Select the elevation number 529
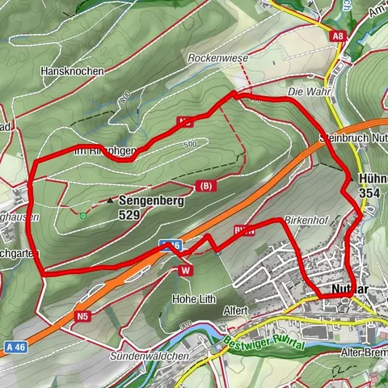(x=130, y=215)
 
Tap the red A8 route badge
(x=338, y=36)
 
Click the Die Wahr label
(x=304, y=92)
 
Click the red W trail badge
(x=186, y=270)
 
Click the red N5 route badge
(x=83, y=316)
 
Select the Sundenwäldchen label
(x=150, y=356)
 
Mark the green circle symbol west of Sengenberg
(x=82, y=215)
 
